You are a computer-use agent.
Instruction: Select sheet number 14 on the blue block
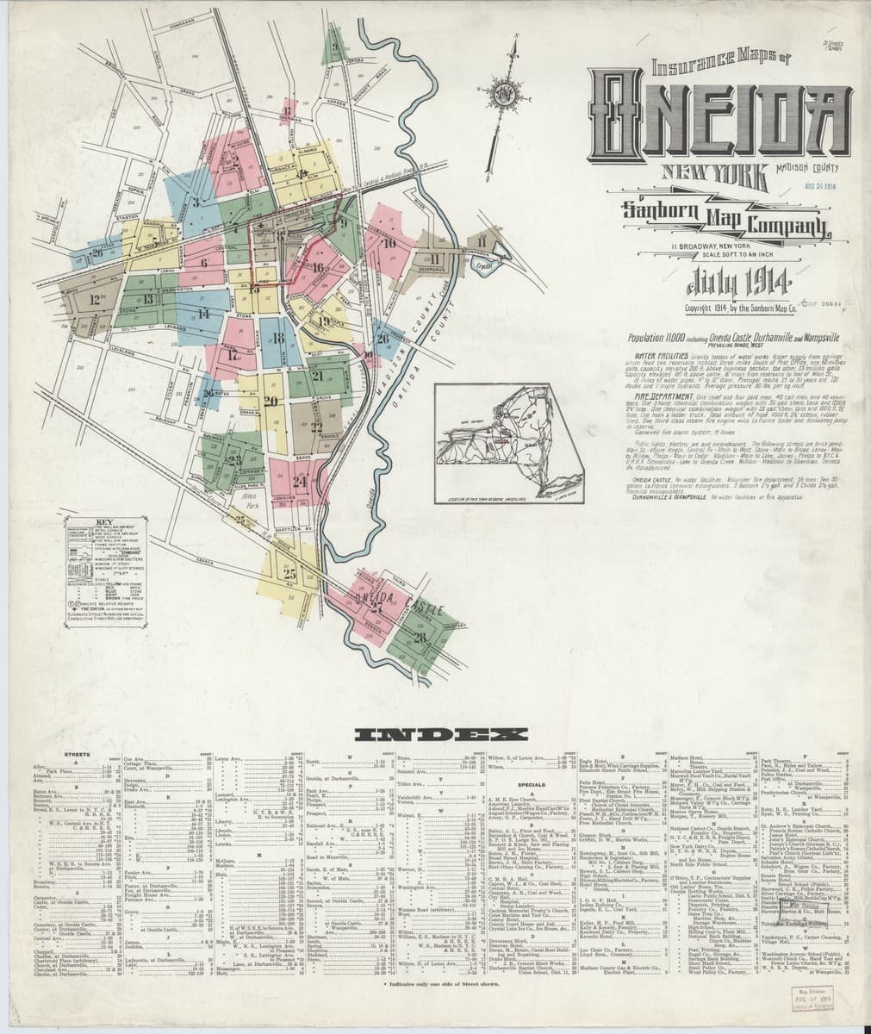[x=204, y=314]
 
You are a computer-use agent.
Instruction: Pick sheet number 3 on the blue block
[x=196, y=203]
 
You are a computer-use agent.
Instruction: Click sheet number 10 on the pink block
[x=389, y=244]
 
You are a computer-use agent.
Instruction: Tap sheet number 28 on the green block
[x=420, y=638]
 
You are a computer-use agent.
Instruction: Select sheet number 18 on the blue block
[x=277, y=339]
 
